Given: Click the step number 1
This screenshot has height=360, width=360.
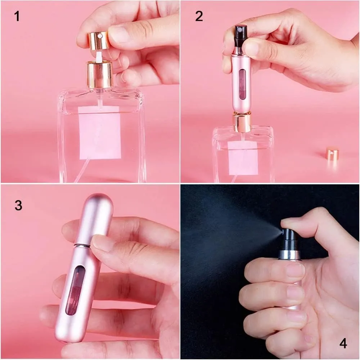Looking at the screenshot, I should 17,16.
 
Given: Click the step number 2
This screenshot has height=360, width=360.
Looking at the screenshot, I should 199,16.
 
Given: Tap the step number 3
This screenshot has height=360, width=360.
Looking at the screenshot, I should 18,205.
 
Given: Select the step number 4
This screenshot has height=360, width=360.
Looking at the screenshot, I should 343,343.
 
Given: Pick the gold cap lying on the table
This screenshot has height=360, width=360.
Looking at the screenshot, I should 332,153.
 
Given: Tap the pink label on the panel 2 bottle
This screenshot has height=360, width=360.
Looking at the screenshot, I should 243,158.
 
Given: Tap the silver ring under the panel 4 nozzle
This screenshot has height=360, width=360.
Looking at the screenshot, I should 289,255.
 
